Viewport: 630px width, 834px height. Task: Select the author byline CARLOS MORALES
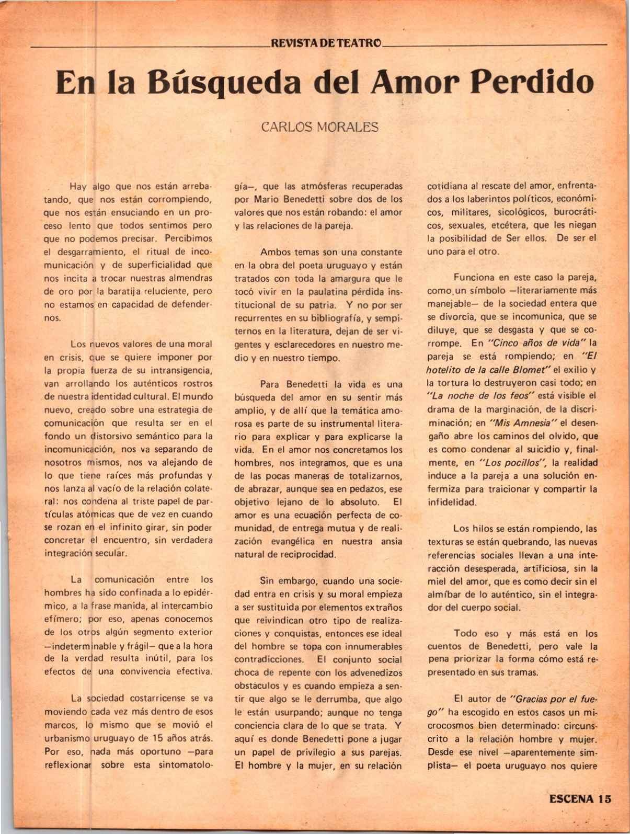[x=319, y=127]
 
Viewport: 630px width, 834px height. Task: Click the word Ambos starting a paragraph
[x=276, y=252]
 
